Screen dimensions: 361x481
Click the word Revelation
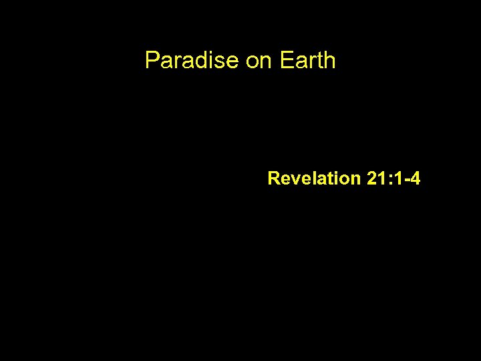pyautogui.click(x=314, y=178)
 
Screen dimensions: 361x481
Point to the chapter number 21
pyautogui.click(x=376, y=178)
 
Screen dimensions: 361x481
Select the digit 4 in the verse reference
pyautogui.click(x=415, y=178)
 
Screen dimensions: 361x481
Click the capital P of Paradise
pyautogui.click(x=152, y=61)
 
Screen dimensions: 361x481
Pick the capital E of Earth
pyautogui.click(x=286, y=61)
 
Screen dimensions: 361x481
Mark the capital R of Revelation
pyautogui.click(x=273, y=178)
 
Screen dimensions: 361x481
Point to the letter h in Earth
pyautogui.click(x=329, y=61)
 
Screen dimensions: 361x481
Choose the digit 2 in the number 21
pyautogui.click(x=371, y=178)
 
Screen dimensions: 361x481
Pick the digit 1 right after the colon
pyautogui.click(x=397, y=178)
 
